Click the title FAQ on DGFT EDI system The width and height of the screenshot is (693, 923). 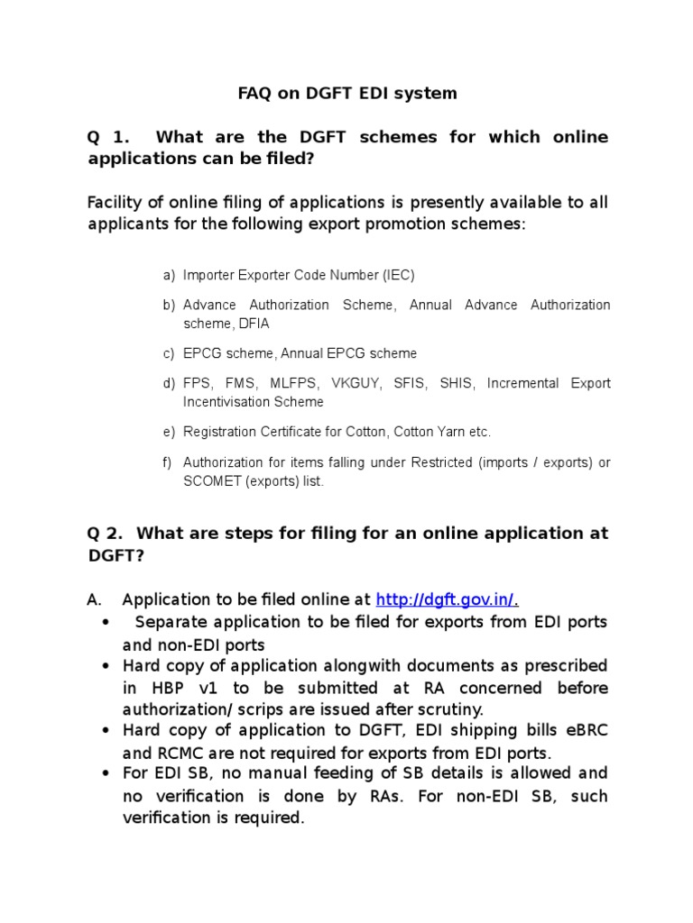click(x=346, y=93)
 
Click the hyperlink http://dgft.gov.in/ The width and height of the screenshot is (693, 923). click(x=445, y=599)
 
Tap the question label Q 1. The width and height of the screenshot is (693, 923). click(x=107, y=138)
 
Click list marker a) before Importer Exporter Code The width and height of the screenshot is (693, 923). click(x=169, y=275)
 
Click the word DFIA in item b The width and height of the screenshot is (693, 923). click(x=253, y=324)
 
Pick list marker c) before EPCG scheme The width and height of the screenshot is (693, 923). click(x=169, y=353)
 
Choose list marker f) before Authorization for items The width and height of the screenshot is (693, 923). click(x=168, y=462)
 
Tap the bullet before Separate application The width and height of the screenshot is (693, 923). click(x=106, y=623)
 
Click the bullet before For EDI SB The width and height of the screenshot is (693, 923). click(x=106, y=773)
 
